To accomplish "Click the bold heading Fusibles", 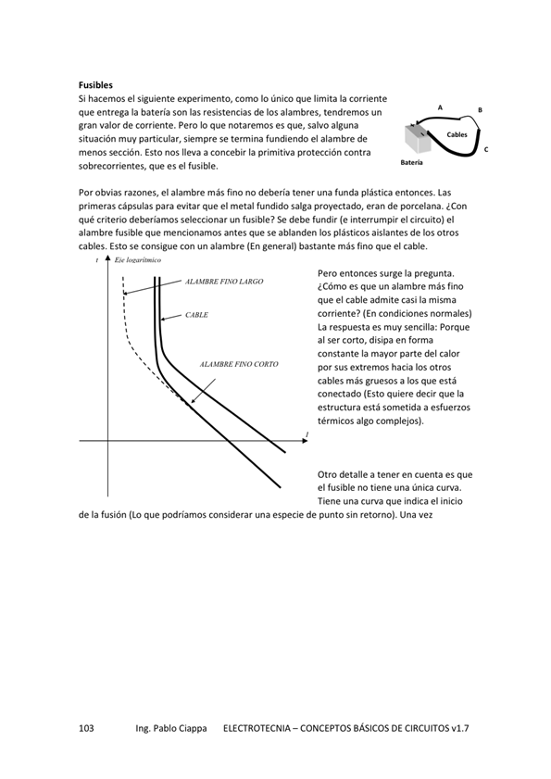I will [x=95, y=84].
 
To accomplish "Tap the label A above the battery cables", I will [x=440, y=108].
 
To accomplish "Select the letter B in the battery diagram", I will [x=480, y=110].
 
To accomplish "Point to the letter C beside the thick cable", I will [x=486, y=149].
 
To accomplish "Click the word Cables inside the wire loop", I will [x=457, y=135].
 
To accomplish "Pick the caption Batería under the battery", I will [x=412, y=162].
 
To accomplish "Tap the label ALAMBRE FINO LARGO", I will [x=224, y=281].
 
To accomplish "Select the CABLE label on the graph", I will [x=196, y=315].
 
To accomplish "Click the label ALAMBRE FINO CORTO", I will [x=239, y=365].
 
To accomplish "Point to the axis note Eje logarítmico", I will [x=138, y=261].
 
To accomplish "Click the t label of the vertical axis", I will [x=97, y=262].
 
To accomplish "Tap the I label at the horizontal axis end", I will [x=306, y=433].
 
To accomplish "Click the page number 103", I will [x=87, y=729].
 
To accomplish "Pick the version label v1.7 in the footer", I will [x=460, y=729].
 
